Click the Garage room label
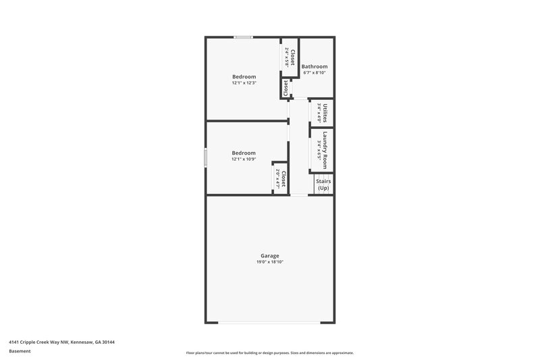tap(270, 255)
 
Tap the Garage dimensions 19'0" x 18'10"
tap(270, 261)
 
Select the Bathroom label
tap(315, 66)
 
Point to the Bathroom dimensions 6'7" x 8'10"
tap(315, 72)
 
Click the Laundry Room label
tap(325, 149)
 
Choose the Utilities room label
tap(325, 111)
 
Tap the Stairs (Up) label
tap(323, 184)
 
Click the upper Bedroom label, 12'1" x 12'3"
tap(244, 77)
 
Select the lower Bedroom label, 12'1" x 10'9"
tap(244, 153)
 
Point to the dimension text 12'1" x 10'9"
tap(244, 159)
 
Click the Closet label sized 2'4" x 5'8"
tap(292, 57)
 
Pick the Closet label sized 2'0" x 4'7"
tap(283, 178)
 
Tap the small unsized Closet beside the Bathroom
tap(286, 87)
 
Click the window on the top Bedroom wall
tap(244, 36)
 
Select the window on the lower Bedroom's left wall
tap(206, 157)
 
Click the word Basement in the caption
tap(19, 352)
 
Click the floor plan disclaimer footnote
tap(269, 353)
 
